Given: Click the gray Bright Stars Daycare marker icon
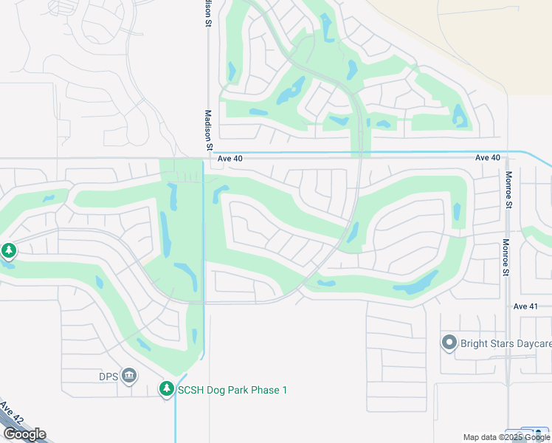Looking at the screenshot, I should point(449,343).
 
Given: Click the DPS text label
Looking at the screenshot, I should point(108,376).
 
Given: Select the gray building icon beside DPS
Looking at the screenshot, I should point(129,376).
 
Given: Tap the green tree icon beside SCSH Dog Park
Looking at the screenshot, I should point(167,389).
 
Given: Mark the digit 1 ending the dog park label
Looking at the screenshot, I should point(284,390).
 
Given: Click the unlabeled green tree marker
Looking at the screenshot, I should point(9,251).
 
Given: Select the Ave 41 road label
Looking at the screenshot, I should point(525,306).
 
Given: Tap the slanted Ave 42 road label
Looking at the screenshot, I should point(12,413).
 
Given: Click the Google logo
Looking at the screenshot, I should point(24,433).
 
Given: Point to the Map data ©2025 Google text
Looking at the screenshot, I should point(506,437).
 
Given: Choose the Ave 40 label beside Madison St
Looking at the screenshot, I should point(230,158).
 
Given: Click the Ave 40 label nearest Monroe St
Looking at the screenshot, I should point(488,158).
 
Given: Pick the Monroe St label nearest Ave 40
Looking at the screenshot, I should point(508,190).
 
